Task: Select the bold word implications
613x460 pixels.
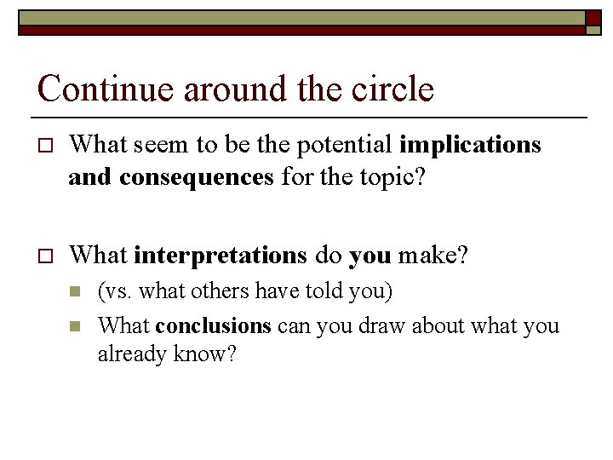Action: pos(470,146)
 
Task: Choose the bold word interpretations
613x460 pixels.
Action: pos(219,254)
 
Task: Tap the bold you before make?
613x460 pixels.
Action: pos(370,254)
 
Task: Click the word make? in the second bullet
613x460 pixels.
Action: pos(433,254)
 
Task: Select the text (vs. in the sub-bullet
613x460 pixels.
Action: pos(115,292)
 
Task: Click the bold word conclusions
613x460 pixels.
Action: pos(214,325)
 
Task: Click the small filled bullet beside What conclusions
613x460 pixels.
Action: pos(75,326)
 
